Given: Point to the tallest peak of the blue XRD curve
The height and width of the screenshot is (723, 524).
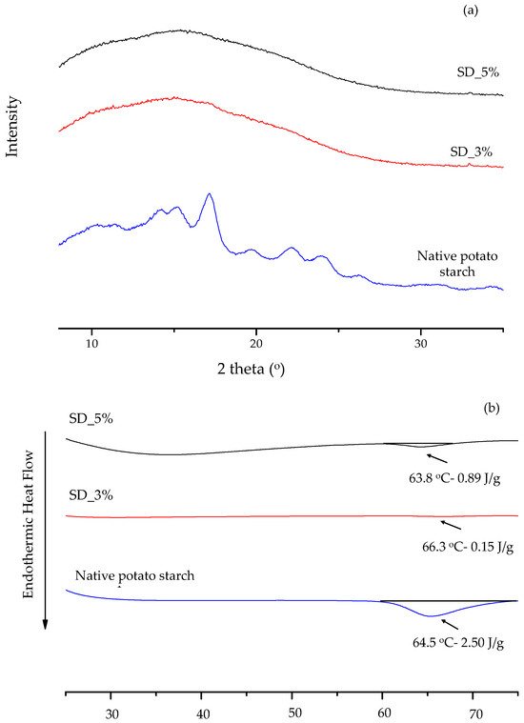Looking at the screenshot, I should [210, 194].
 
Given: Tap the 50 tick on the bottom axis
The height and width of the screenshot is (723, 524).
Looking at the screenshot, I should [293, 710].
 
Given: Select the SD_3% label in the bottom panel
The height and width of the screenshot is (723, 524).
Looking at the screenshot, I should [90, 496].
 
